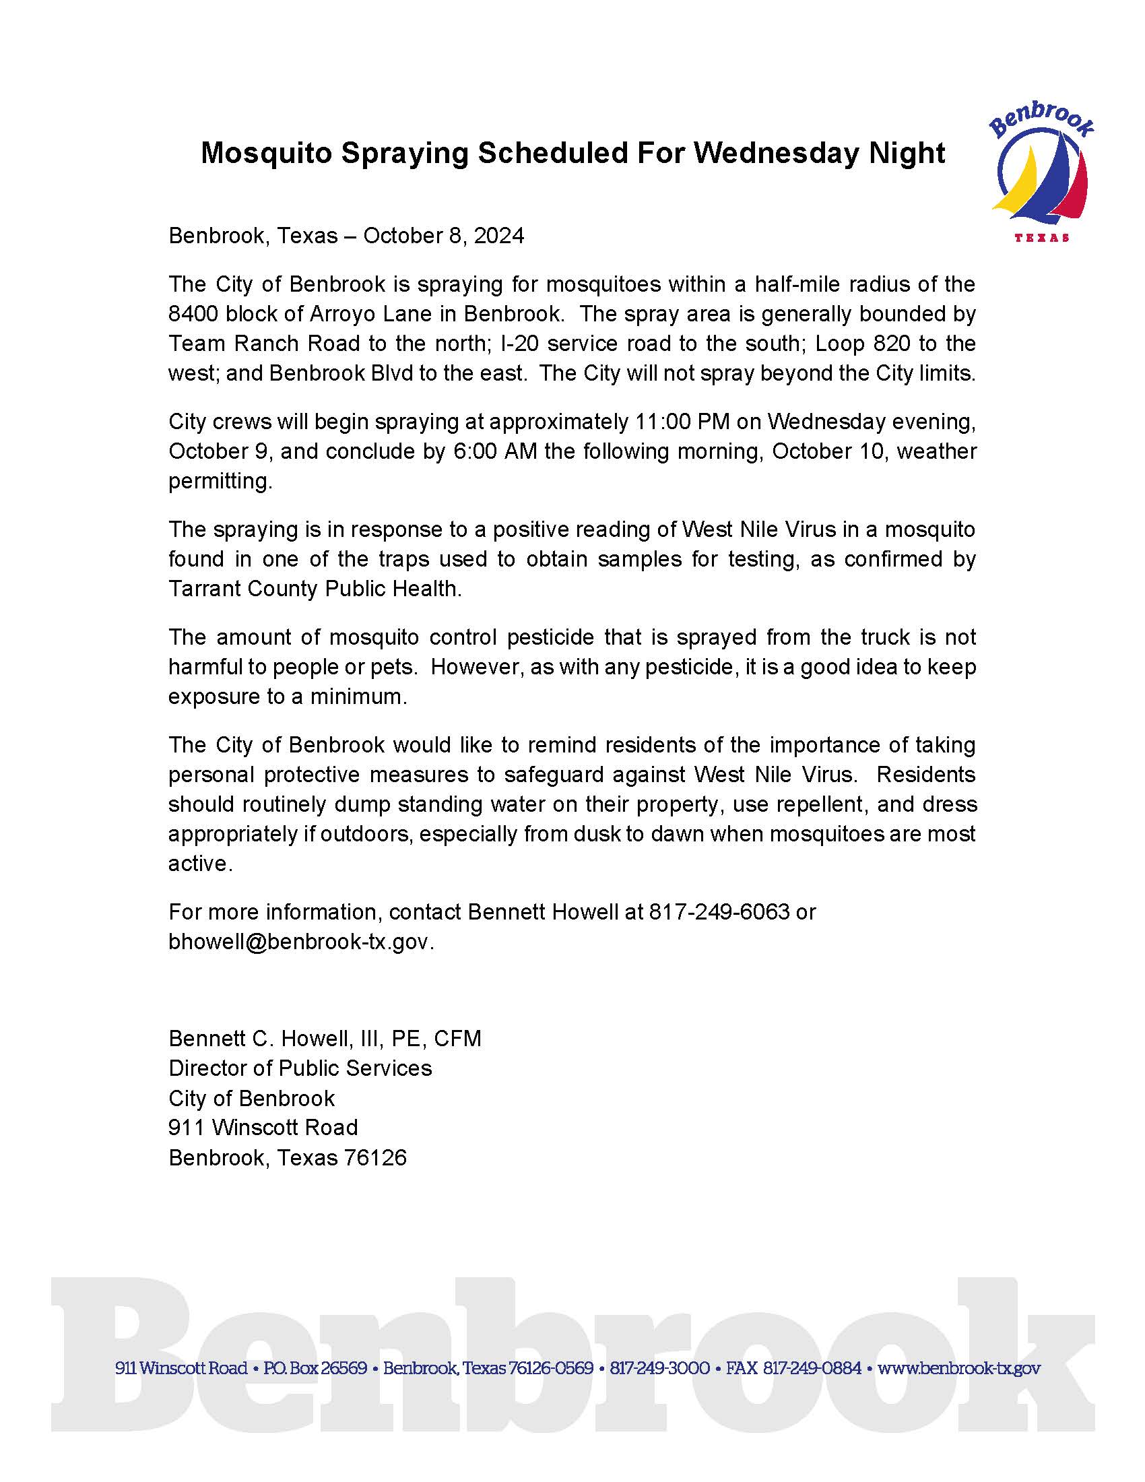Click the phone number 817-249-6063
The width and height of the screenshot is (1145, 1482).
(x=719, y=911)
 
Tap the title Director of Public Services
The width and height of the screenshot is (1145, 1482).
(x=300, y=1068)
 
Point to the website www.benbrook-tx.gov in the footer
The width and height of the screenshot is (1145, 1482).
(x=958, y=1368)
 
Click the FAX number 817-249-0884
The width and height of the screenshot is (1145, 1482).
(x=812, y=1368)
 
